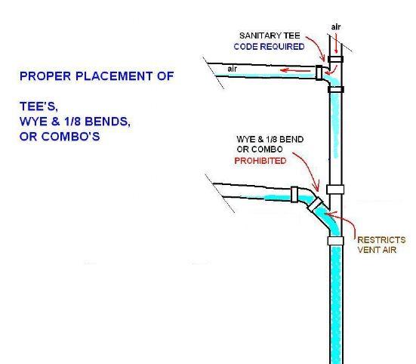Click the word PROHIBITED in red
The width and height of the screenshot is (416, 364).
point(260,161)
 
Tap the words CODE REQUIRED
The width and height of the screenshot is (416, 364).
point(269,47)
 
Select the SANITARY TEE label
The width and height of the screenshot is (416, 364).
point(270,35)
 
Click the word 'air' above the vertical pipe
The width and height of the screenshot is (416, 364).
point(336,26)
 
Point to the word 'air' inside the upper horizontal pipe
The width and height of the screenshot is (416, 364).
point(232,69)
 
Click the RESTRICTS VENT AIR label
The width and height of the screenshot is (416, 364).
point(381,245)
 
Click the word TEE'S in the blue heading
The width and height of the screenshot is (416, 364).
point(39,106)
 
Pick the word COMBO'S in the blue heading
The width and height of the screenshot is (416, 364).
point(70,137)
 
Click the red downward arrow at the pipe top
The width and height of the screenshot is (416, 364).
point(337,45)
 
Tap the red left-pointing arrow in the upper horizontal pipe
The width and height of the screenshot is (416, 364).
point(295,70)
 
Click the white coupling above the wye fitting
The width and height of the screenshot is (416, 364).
point(335,190)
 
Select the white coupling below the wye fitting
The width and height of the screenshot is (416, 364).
point(336,241)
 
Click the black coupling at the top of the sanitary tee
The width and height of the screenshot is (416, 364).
point(336,59)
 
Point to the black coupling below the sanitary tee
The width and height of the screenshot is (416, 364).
point(336,89)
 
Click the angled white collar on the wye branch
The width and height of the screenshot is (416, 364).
point(316,205)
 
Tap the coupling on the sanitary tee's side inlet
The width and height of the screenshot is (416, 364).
point(319,72)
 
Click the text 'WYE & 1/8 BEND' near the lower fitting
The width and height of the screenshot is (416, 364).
point(270,139)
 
